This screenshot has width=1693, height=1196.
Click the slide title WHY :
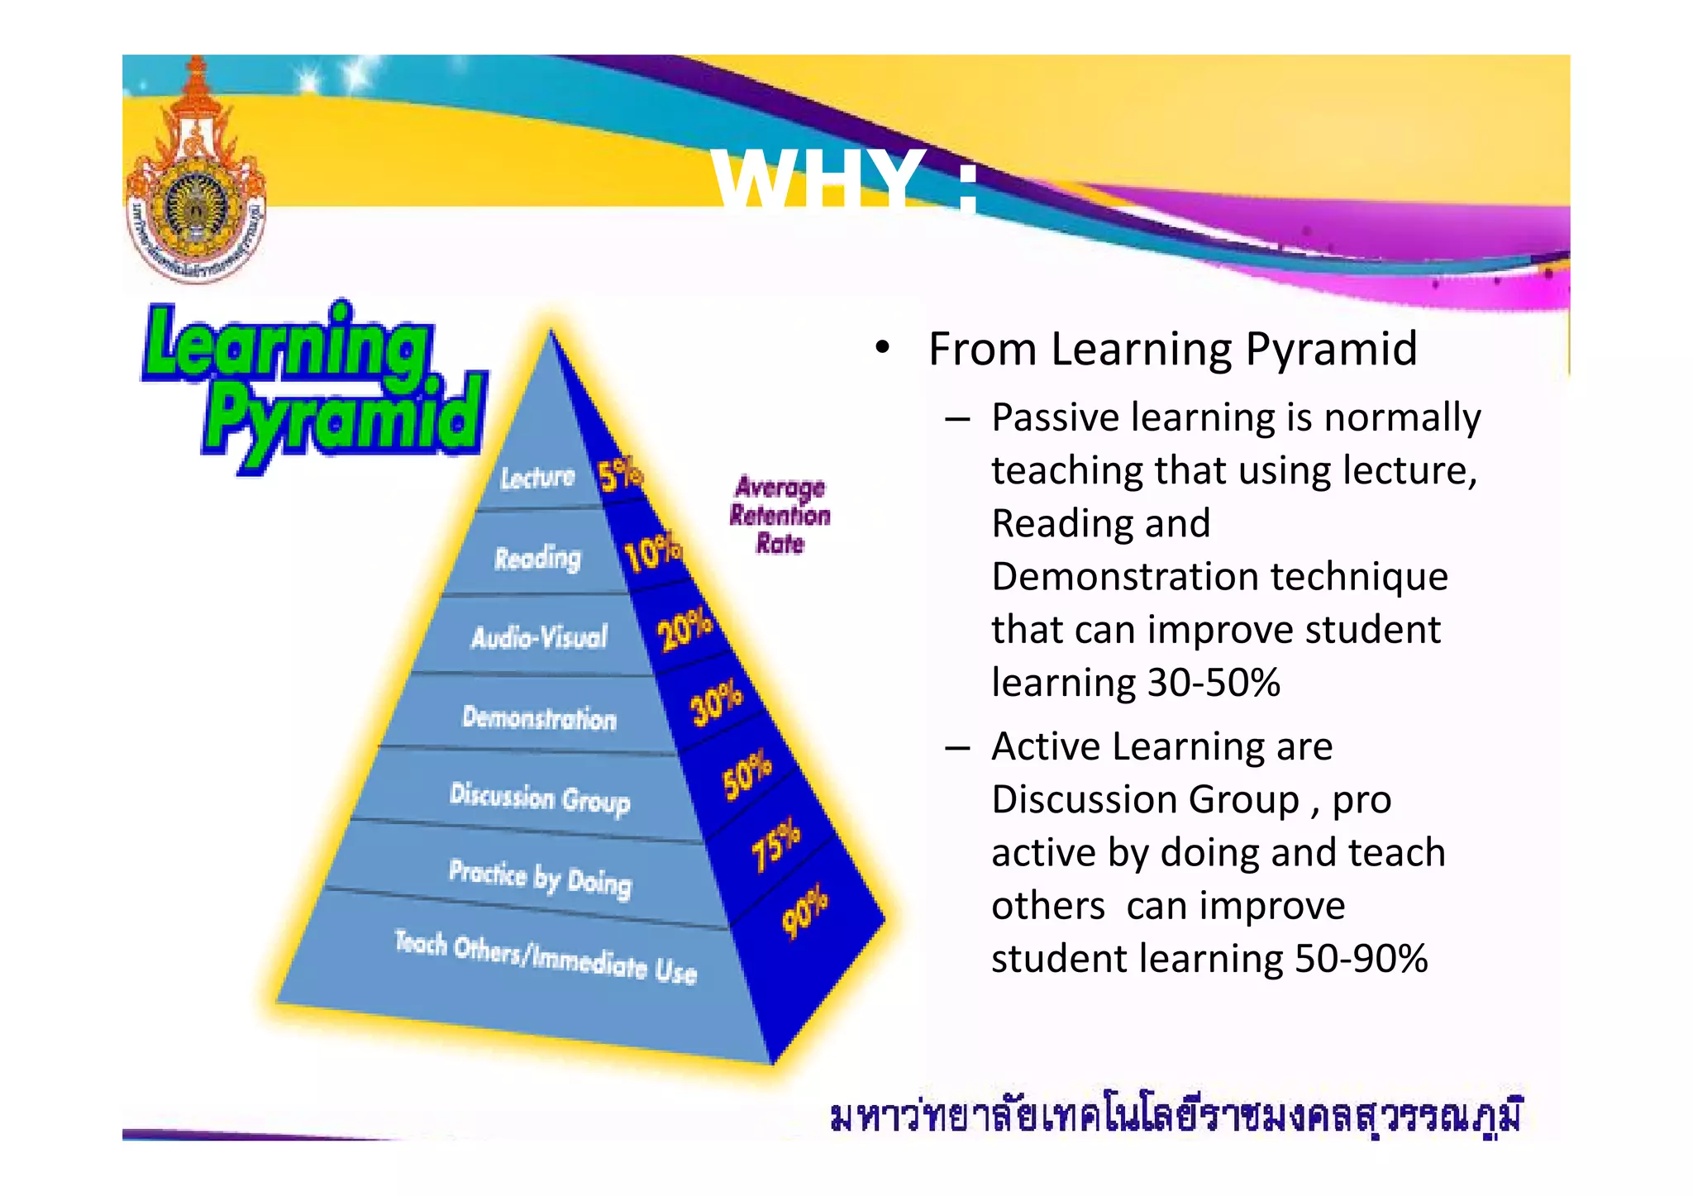click(843, 180)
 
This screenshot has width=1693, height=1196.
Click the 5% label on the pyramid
click(619, 474)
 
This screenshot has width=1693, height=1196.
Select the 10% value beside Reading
click(652, 552)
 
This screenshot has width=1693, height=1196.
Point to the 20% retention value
click(684, 629)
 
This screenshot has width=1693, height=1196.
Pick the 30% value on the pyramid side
click(716, 703)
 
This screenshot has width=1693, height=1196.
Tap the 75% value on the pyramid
click(775, 844)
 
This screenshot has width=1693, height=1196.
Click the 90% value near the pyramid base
click(804, 911)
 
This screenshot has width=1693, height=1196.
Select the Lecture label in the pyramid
click(537, 477)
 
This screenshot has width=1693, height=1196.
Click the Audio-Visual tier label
click(539, 636)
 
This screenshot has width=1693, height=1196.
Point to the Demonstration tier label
click(539, 717)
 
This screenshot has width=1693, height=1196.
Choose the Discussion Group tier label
click(539, 798)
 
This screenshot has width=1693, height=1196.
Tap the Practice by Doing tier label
click(540, 878)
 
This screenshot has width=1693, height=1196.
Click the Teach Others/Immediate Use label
click(546, 957)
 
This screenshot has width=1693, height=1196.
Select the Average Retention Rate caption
click(780, 515)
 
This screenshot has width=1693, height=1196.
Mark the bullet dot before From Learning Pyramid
click(882, 348)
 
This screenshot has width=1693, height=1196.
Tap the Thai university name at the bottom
click(1175, 1117)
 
